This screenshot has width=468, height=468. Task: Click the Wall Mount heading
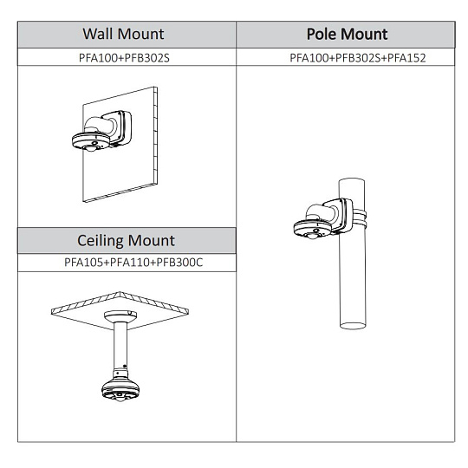[123, 34]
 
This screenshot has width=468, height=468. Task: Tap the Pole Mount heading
[348, 34]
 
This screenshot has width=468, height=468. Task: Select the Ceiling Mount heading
[126, 241]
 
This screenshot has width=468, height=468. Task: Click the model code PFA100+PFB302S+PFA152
[358, 58]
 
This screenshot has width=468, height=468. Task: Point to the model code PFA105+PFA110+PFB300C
[133, 263]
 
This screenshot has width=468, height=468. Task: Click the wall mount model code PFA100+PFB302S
[124, 58]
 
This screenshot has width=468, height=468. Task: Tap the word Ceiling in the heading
[101, 241]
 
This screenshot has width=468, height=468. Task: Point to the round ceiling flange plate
[120, 315]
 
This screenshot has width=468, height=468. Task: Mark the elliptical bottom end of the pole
[353, 325]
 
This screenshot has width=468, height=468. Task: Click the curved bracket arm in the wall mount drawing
[100, 126]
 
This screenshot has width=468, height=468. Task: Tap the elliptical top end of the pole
[352, 181]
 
